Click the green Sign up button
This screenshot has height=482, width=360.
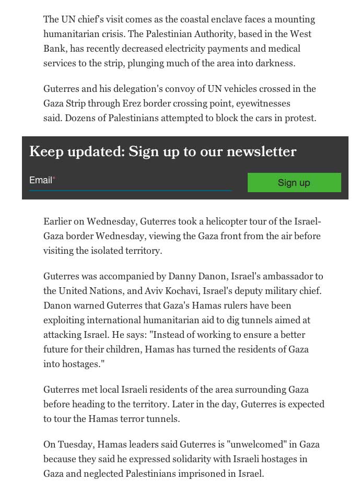pos(294,182)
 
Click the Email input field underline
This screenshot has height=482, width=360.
pos(130,191)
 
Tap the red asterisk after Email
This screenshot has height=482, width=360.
pos(54,179)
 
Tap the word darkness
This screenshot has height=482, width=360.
pos(275,63)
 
